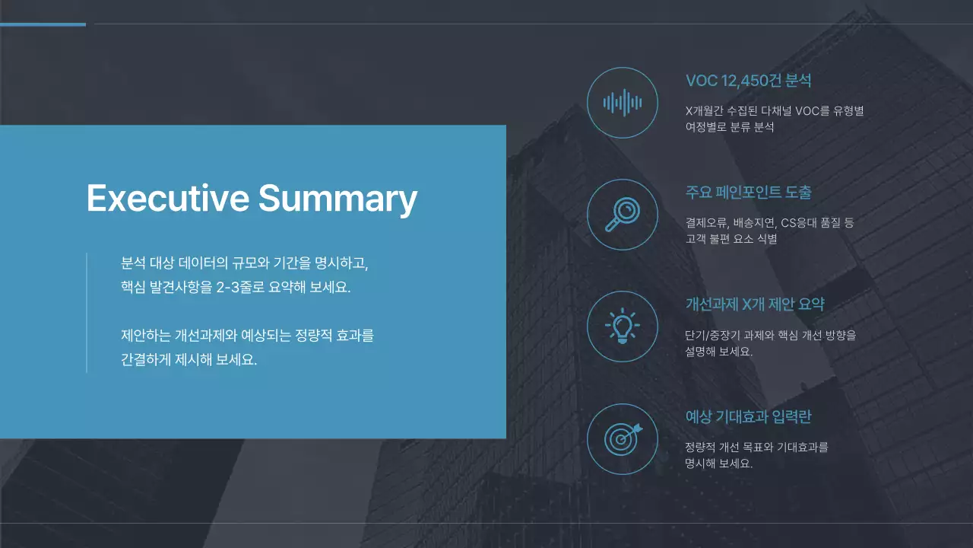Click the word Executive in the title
coord(167,198)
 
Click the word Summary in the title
coord(338,198)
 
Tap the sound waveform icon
coord(623,103)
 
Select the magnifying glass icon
coord(623,215)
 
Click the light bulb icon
coord(623,327)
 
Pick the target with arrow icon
coord(623,438)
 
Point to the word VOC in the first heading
coord(702,81)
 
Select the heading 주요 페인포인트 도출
coord(748,193)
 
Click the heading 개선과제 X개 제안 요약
coord(755,304)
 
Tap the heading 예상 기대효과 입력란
coord(748,417)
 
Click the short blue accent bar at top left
coord(43,24)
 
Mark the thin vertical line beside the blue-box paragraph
coord(87,312)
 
